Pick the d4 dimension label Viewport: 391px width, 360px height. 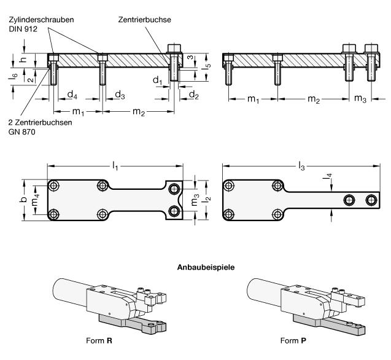[x=72, y=95]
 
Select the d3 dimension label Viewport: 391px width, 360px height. [x=120, y=95]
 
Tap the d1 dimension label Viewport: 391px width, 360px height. [x=157, y=80]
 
